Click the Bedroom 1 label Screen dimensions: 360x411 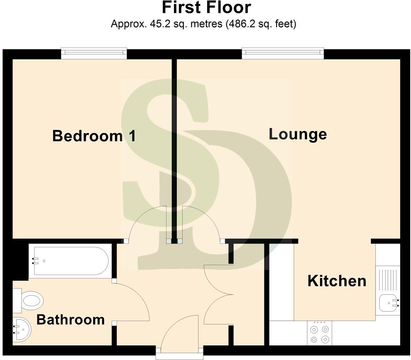click(94, 136)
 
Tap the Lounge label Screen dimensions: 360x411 click(298, 134)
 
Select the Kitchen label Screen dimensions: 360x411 click(337, 281)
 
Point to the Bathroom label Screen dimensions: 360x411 click(71, 320)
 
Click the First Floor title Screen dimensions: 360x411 click(207, 8)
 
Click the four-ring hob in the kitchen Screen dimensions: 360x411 click(320, 334)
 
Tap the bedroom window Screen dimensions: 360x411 click(94, 53)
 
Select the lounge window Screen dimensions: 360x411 click(283, 53)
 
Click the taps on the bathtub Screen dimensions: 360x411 click(35, 261)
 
